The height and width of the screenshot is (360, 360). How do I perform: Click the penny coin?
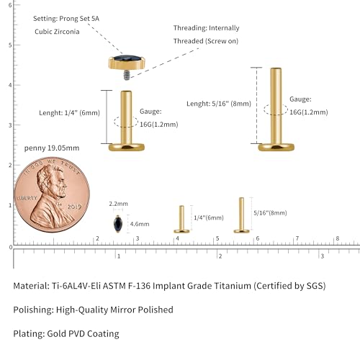(52, 194)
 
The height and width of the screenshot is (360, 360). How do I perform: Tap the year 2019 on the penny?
(74, 207)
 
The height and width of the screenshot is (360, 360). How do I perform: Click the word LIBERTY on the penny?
(27, 198)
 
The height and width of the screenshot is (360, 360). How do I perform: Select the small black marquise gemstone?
(118, 224)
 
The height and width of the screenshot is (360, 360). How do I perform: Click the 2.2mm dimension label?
(118, 204)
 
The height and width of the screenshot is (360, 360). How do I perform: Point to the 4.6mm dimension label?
(140, 224)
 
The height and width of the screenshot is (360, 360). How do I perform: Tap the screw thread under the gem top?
(127, 75)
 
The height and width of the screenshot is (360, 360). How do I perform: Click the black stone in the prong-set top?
(127, 58)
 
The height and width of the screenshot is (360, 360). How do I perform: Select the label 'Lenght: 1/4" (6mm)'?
(69, 113)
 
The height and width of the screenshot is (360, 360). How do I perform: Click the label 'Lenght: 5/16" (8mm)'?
(219, 104)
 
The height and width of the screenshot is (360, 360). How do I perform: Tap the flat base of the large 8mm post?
(276, 147)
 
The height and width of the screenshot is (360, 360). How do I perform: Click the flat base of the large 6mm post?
(127, 147)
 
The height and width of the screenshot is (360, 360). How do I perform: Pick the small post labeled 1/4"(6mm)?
(181, 219)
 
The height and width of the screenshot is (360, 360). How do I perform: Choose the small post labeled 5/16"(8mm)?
(242, 215)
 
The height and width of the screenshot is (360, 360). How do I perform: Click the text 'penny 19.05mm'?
(52, 148)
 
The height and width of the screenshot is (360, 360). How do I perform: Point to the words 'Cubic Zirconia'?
(57, 32)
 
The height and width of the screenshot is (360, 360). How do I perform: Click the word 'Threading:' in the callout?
(190, 28)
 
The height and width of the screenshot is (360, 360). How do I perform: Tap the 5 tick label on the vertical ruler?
(10, 45)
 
